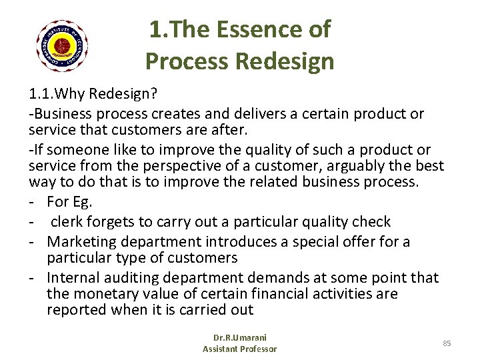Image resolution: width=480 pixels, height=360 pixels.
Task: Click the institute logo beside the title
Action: click(63, 45)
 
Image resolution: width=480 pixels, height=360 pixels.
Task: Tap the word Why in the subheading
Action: click(69, 96)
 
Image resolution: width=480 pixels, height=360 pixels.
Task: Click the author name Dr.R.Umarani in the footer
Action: click(239, 338)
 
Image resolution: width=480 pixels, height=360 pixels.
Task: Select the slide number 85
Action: click(447, 343)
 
